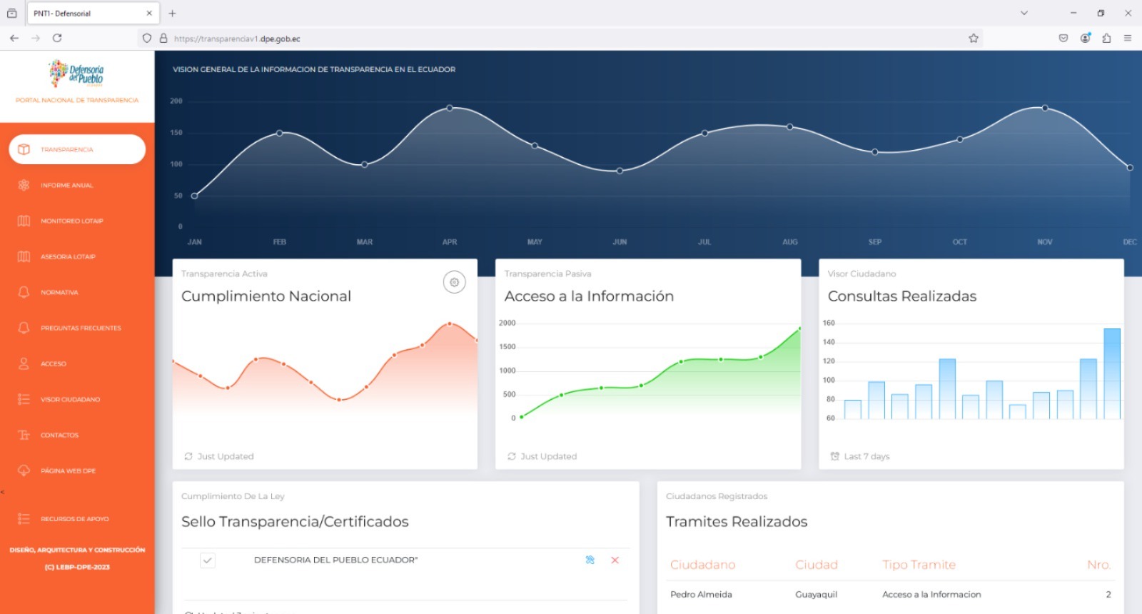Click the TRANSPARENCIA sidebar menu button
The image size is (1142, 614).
tap(77, 149)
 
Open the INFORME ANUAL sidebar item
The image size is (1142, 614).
tap(66, 186)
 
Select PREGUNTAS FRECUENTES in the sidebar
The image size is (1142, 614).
tap(81, 328)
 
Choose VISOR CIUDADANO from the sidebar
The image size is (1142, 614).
tap(70, 400)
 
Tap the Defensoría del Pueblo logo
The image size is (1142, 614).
tap(77, 74)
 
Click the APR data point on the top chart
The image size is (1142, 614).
tap(450, 108)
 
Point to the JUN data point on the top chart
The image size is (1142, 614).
tap(620, 171)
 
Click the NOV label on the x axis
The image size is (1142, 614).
tap(1045, 242)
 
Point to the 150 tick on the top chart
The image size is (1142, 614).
tap(176, 133)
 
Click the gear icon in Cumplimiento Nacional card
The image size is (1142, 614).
tap(454, 282)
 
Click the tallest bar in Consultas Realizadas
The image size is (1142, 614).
tap(1111, 373)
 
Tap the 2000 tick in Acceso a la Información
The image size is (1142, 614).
tap(507, 323)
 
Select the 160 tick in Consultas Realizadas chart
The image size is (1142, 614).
tap(829, 323)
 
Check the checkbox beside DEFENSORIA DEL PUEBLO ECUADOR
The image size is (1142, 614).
tap(208, 560)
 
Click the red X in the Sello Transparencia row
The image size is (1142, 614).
tap(615, 560)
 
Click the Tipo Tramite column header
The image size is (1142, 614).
tap(919, 565)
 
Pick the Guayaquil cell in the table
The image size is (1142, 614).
tap(816, 595)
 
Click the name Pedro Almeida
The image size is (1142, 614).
tap(701, 595)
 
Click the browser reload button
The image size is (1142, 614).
tap(57, 39)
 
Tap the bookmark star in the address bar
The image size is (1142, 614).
tap(974, 39)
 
